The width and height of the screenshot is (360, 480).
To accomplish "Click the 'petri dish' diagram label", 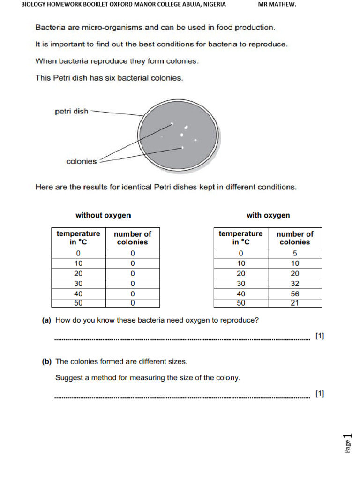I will click(71, 112).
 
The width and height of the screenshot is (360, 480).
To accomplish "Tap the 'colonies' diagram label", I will click(82, 161).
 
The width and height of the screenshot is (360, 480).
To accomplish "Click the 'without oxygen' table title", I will click(103, 215).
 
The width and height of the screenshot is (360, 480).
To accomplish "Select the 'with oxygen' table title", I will click(268, 215).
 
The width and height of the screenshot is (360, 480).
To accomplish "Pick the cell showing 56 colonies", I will click(294, 293).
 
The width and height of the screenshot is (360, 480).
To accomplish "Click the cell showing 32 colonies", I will click(294, 283).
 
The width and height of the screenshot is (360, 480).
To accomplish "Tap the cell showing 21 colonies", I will click(294, 303).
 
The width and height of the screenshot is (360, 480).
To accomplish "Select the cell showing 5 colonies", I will click(294, 253).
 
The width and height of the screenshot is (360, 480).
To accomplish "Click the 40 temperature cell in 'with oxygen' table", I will click(240, 293).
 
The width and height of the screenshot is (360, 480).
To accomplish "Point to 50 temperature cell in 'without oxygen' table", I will click(78, 303).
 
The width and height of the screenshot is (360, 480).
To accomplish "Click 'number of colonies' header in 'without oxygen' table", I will click(133, 238).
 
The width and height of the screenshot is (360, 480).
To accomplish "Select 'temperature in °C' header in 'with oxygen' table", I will click(240, 238).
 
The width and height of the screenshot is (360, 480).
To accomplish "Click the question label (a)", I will click(46, 321).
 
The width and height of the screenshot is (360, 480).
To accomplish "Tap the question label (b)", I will click(46, 361).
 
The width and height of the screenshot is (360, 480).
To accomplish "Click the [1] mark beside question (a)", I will click(320, 336).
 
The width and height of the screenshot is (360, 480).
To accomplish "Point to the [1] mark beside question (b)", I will click(320, 394).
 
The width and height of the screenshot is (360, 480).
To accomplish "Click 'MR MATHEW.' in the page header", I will click(277, 5).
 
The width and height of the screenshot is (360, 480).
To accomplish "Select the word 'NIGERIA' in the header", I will click(214, 5).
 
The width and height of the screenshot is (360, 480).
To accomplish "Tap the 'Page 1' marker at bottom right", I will click(347, 443).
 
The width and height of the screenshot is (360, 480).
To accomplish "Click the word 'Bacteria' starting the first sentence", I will click(49, 27).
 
